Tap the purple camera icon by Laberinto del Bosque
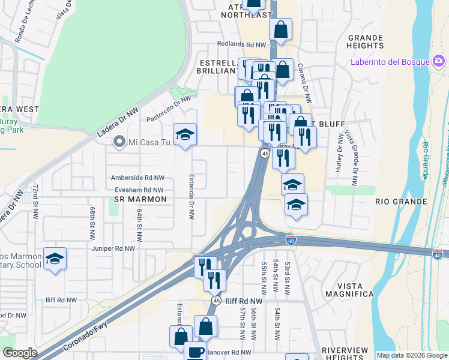tap(439, 61)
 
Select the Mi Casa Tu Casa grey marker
tap(118, 143)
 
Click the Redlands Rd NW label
tap(241, 44)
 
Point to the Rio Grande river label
tap(426, 160)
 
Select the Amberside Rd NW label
tap(137, 178)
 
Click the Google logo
tap(20, 352)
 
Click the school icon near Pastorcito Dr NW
tap(185, 134)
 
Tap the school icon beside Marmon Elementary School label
tap(55, 259)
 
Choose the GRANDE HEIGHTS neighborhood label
tap(365, 41)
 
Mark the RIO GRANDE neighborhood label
tap(400, 202)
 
